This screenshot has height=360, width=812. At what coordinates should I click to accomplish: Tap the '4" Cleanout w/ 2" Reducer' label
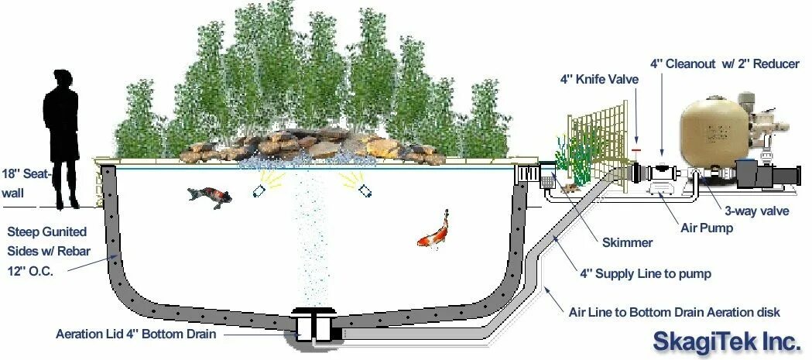coord(725,63)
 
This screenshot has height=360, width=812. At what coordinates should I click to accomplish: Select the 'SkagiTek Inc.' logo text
coord(725,341)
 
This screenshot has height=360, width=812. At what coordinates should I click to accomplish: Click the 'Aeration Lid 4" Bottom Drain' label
coord(135,334)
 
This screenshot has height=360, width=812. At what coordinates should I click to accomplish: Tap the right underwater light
coord(361,188)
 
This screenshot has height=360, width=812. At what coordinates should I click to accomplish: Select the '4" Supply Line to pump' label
coord(645,273)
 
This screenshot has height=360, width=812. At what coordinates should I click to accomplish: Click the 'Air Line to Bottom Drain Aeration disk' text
coord(674,312)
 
